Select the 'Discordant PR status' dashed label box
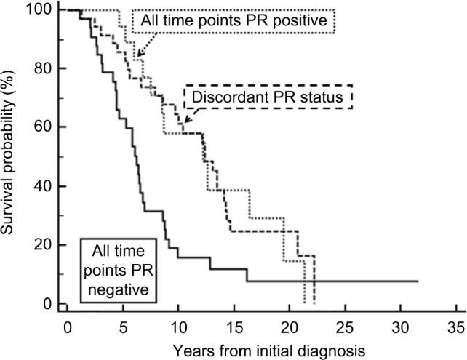268,97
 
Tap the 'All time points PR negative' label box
120,267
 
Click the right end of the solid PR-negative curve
418,281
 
